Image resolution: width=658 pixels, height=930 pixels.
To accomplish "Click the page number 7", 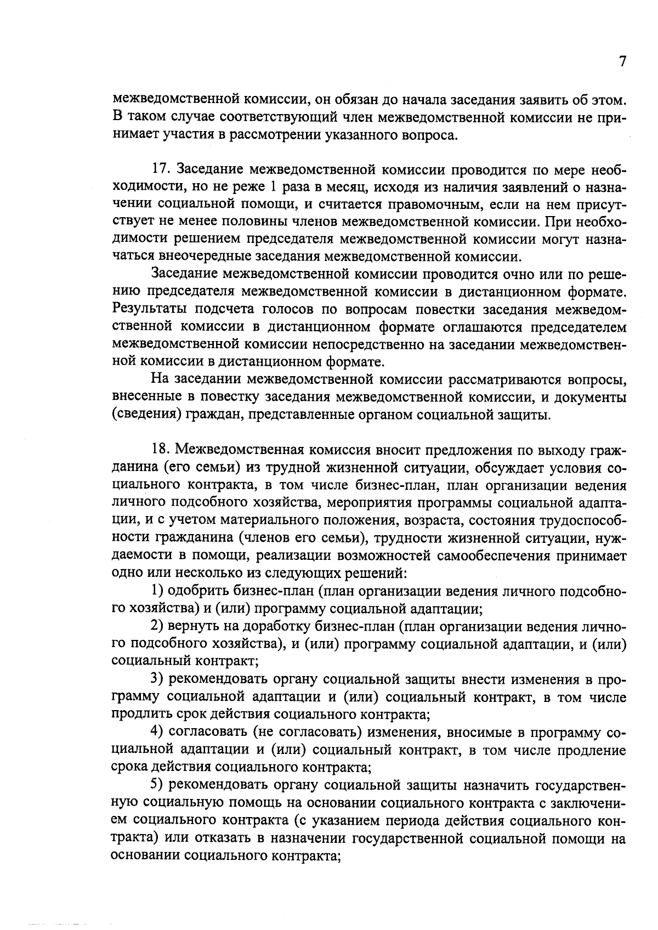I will (622, 61).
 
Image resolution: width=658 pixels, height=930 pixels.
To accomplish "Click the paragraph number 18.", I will (160, 450).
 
